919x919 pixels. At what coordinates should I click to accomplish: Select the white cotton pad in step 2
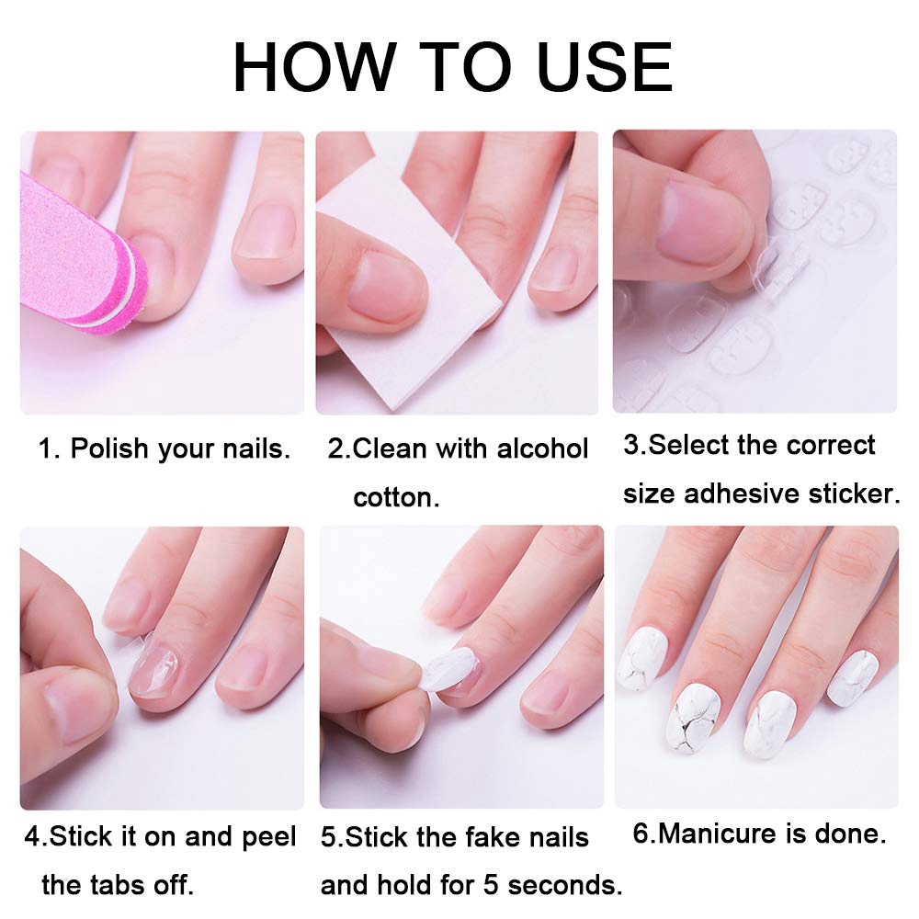(404, 303)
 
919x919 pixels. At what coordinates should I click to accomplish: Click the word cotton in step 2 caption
(396, 497)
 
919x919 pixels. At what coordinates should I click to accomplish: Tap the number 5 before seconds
(491, 885)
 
